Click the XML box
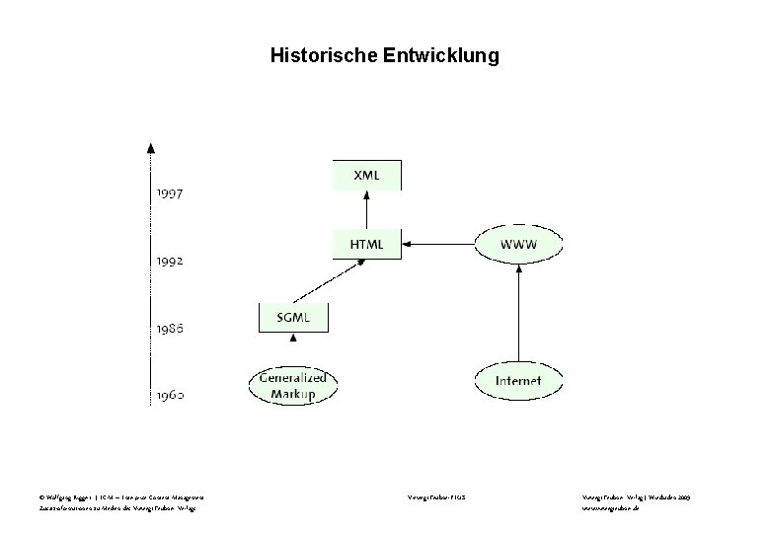[x=367, y=175]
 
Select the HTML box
[x=367, y=243]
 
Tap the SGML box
[x=292, y=317]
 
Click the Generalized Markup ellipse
[x=292, y=385]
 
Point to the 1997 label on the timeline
[x=169, y=194]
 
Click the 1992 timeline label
[x=169, y=262]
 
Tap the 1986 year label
[x=169, y=328]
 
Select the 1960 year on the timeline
[x=169, y=395]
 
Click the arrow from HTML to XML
[x=367, y=209]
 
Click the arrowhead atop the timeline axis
[x=150, y=147]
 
